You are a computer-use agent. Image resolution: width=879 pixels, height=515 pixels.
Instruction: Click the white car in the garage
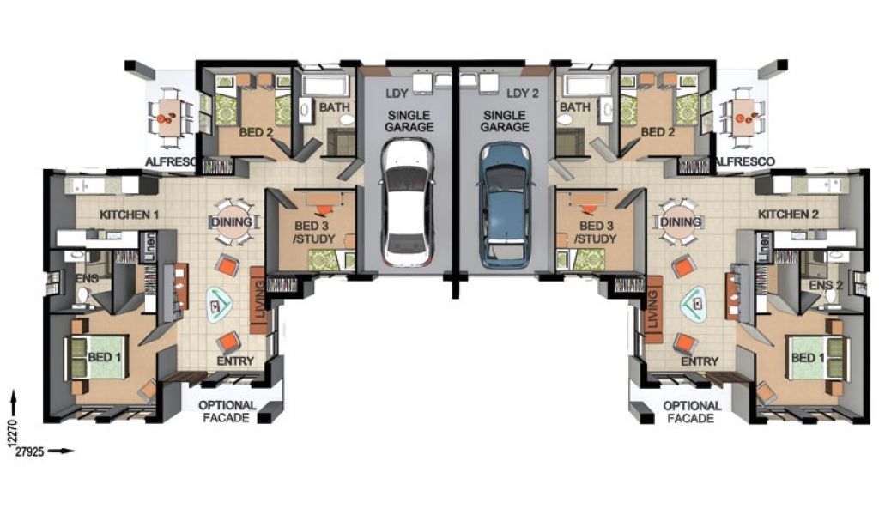pyautogui.click(x=408, y=203)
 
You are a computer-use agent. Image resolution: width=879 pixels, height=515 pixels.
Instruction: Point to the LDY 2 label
pyautogui.click(x=523, y=94)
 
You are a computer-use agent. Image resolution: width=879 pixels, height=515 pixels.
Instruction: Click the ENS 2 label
pyautogui.click(x=826, y=285)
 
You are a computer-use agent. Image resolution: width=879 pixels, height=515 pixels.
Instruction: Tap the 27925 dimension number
pyautogui.click(x=30, y=451)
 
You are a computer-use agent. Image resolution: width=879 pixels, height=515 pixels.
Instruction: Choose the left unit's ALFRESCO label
pyautogui.click(x=171, y=162)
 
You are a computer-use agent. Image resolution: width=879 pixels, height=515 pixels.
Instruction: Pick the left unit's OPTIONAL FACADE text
pyautogui.click(x=227, y=411)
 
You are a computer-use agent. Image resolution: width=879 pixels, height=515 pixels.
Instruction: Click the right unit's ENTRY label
pyautogui.click(x=700, y=361)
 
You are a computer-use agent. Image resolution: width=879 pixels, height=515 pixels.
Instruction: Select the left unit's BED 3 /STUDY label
pyautogui.click(x=314, y=233)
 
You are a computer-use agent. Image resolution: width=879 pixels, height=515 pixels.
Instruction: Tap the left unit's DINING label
pyautogui.click(x=231, y=222)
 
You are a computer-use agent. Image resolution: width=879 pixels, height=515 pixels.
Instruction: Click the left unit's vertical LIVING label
pyautogui.click(x=259, y=300)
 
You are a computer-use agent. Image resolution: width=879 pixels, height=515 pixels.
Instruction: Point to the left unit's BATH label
pyautogui.click(x=334, y=106)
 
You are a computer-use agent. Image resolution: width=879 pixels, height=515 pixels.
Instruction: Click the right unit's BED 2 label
pyautogui.click(x=658, y=132)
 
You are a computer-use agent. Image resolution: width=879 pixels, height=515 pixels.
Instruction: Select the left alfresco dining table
pyautogui.click(x=169, y=118)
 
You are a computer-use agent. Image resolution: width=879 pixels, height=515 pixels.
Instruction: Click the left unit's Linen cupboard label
pyautogui.click(x=149, y=246)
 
